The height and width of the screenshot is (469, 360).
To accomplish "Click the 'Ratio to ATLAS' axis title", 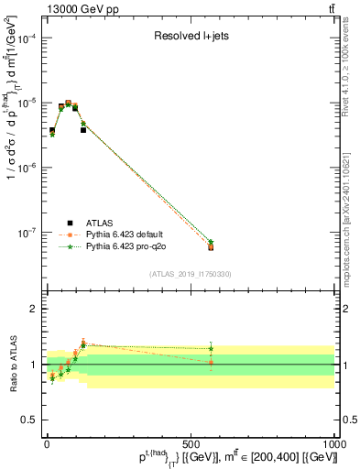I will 12,365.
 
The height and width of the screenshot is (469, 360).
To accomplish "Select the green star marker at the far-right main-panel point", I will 211,242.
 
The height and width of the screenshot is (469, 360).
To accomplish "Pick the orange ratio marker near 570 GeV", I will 211,363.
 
